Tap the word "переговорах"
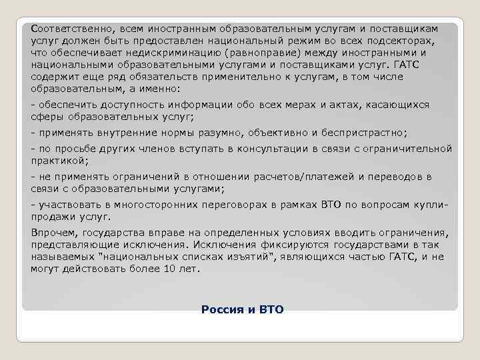coord(213,205)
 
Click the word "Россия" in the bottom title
coord(219,310)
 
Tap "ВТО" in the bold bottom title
coord(270,310)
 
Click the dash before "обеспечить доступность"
coord(33,105)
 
